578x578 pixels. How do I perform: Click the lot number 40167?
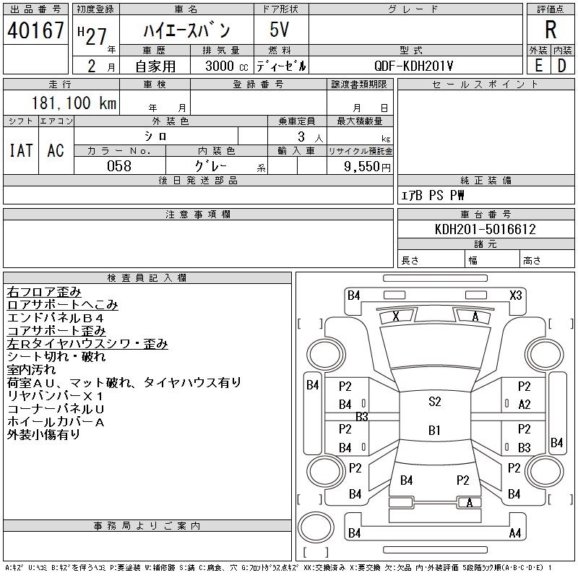[x=35, y=30]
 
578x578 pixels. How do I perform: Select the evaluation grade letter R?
[x=551, y=30]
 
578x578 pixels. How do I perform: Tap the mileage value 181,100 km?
[x=74, y=103]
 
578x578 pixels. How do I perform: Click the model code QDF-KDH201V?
[x=413, y=66]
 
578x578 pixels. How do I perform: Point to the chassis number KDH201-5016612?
[x=485, y=229]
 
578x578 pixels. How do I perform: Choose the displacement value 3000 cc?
[x=227, y=66]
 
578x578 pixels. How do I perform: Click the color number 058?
[x=119, y=166]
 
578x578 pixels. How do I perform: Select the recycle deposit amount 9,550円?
[x=367, y=167]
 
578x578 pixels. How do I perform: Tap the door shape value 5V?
[x=279, y=30]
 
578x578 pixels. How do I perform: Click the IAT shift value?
[x=21, y=150]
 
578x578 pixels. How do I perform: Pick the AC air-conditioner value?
[x=56, y=150]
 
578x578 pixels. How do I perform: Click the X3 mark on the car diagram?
[x=516, y=296]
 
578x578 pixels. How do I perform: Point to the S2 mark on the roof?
[x=435, y=401]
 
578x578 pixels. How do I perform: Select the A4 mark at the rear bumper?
[x=515, y=533]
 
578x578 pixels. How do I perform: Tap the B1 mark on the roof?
[x=435, y=430]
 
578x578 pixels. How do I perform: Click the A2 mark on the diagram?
[x=525, y=405]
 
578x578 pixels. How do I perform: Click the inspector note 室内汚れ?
[x=31, y=370]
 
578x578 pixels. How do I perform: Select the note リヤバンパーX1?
[x=56, y=396]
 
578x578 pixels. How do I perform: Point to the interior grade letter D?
[x=562, y=66]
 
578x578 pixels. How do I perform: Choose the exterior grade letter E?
[x=538, y=66]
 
